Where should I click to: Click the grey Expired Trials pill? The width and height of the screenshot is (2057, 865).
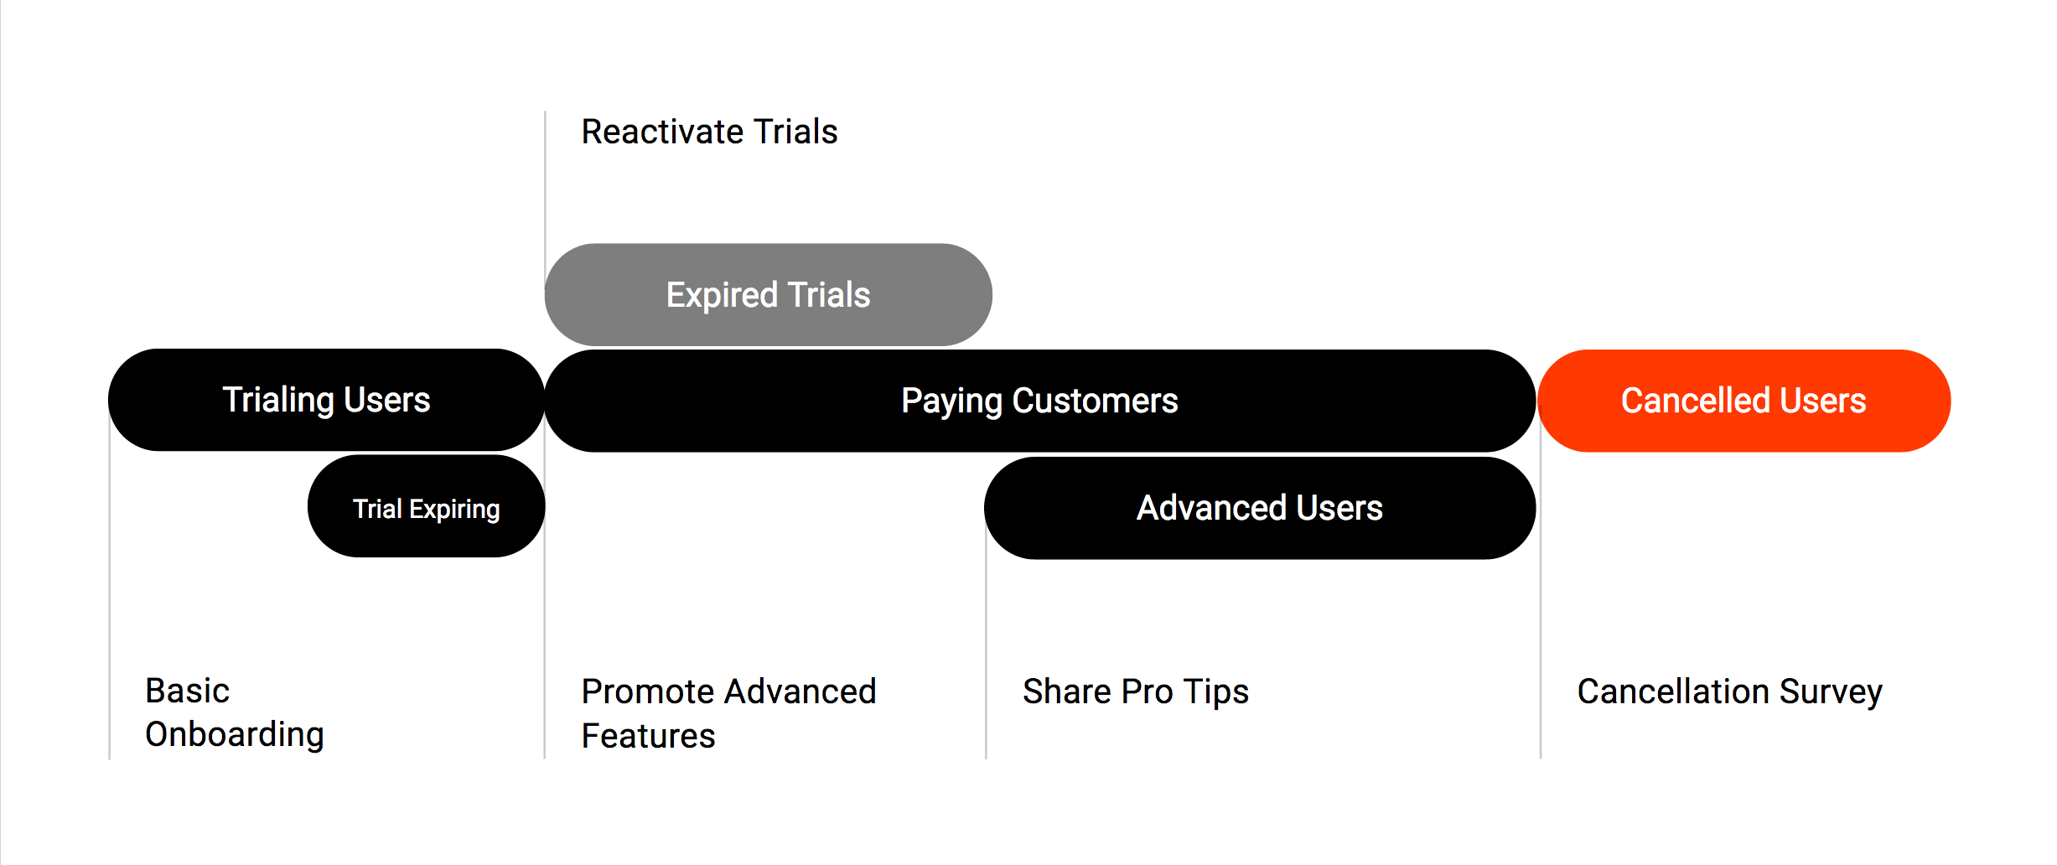click(768, 295)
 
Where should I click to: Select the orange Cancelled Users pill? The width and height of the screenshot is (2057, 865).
click(1744, 401)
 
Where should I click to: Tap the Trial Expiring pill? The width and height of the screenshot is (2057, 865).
click(426, 507)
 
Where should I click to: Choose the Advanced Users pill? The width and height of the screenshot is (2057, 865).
click(1259, 508)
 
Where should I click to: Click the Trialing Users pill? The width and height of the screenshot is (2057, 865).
click(326, 400)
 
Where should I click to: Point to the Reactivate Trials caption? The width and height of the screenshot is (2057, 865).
click(709, 132)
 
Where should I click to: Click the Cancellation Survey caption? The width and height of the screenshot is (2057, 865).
click(1729, 692)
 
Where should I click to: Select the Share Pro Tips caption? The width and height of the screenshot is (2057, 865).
click(1135, 692)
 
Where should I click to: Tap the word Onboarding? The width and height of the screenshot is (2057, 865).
click(234, 735)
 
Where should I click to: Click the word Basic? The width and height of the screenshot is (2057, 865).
click(187, 691)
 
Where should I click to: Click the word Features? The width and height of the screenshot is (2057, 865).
click(648, 736)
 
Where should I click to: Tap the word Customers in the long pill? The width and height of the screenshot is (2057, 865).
click(1095, 401)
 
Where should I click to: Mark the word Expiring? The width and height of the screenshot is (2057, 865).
click(454, 509)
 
